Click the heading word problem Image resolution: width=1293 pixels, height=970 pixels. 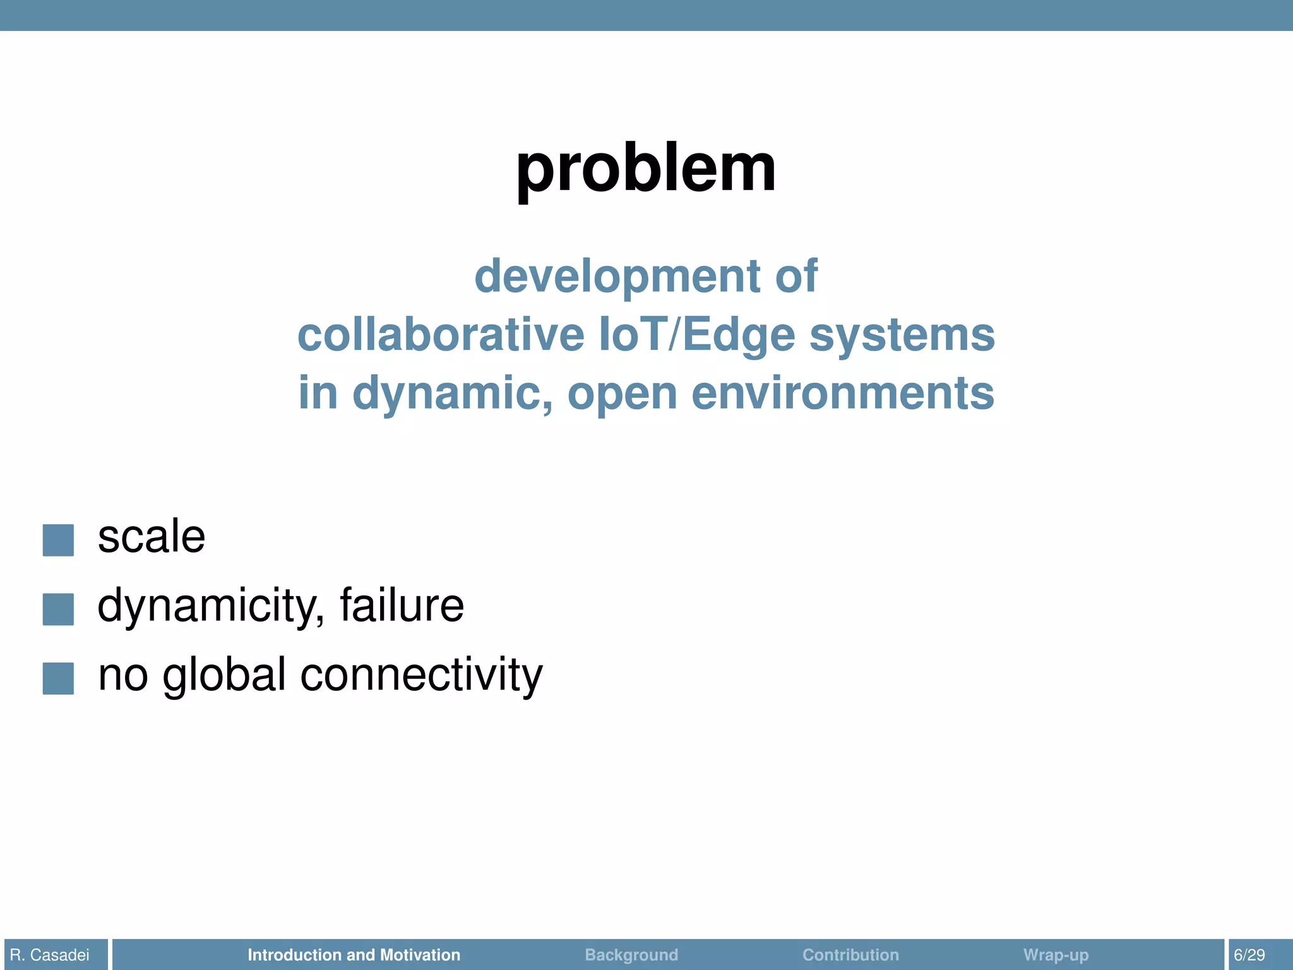[646, 168]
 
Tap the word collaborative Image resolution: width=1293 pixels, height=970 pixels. [441, 335]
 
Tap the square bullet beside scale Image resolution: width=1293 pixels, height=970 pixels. [58, 540]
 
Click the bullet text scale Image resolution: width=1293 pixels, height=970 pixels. [152, 537]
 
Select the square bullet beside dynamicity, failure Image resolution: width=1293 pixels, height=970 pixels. [58, 609]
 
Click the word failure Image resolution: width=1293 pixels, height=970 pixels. [402, 605]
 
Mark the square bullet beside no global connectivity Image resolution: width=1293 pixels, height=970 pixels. [58, 678]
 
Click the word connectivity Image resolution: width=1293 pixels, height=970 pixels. [421, 674]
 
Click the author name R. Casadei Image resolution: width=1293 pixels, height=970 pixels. [51, 954]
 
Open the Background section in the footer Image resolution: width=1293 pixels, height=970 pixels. [631, 954]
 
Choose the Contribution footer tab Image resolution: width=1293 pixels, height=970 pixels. [850, 954]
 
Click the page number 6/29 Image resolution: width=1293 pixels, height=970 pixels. [1249, 954]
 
